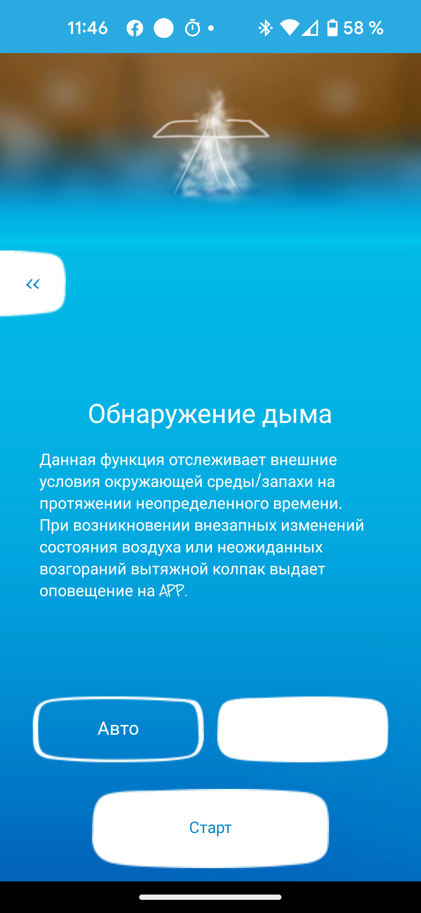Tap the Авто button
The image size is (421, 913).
point(118,729)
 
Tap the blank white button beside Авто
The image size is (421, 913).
point(302,729)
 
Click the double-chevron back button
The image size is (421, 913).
point(33,284)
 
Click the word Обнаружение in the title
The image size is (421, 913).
point(172,414)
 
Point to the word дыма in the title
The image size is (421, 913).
point(297,414)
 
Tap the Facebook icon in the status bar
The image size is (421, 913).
point(135,28)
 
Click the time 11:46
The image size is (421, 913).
point(88,28)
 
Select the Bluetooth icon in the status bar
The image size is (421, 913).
point(265,28)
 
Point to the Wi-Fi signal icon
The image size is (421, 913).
point(289,28)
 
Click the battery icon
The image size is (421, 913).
point(332,28)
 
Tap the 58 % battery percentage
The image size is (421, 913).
point(363,28)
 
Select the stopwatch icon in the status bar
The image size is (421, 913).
point(193,28)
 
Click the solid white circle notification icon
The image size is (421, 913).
point(164,28)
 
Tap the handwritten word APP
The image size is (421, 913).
point(172,591)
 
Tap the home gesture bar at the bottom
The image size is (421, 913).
point(210,897)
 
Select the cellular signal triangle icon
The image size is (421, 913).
point(310,28)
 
